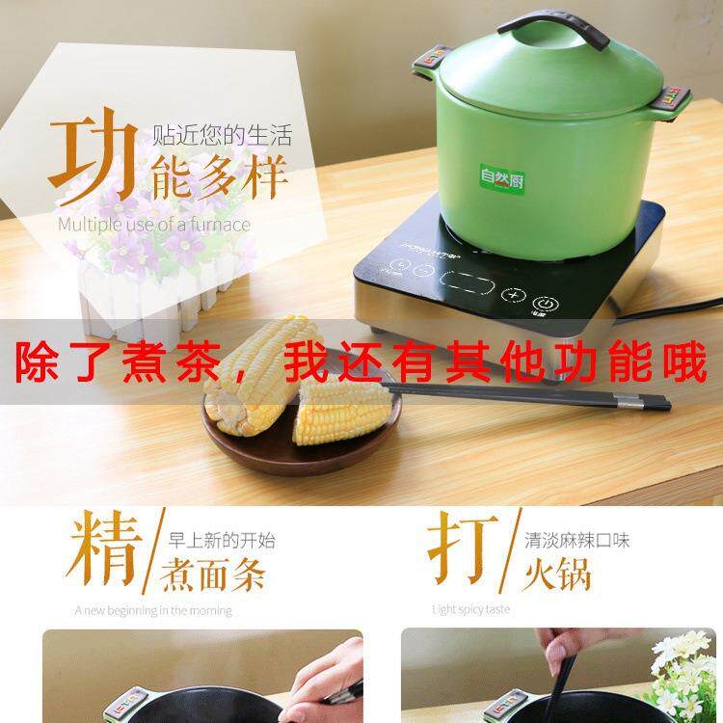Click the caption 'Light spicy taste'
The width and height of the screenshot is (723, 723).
pos(471,609)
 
